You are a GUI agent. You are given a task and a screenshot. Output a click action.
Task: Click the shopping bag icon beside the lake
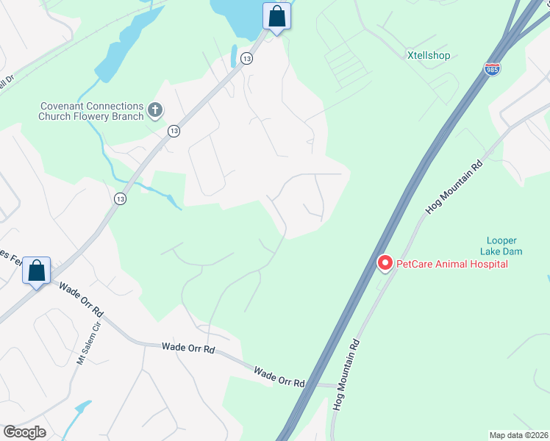click(x=276, y=16)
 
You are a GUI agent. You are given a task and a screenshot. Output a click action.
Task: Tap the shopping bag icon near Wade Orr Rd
click(x=37, y=270)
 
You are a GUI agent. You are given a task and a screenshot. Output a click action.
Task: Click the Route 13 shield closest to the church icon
click(x=174, y=131)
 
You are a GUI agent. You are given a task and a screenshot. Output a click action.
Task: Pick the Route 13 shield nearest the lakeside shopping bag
click(x=247, y=59)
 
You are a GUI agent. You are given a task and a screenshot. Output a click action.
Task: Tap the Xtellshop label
click(x=429, y=55)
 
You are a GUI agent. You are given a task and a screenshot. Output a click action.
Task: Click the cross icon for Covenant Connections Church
click(x=154, y=110)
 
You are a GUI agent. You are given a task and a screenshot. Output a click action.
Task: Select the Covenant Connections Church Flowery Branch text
click(x=91, y=111)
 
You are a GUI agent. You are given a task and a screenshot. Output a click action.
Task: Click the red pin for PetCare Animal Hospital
click(x=384, y=263)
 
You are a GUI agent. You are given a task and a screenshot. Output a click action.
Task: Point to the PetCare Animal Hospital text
click(x=452, y=264)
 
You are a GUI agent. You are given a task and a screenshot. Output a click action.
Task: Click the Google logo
click(x=25, y=432)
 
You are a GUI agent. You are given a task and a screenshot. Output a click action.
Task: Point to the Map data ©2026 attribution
click(x=518, y=435)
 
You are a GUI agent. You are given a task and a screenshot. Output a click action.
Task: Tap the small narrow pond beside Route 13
click(x=234, y=56)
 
